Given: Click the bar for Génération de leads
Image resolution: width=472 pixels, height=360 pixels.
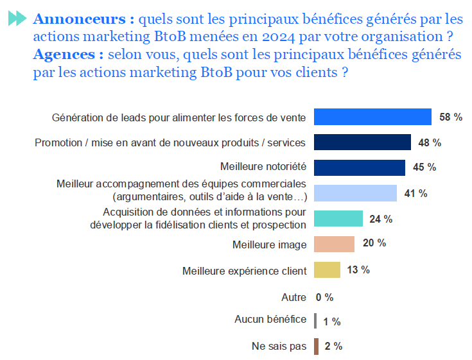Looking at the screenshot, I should pyautogui.click(x=372, y=117).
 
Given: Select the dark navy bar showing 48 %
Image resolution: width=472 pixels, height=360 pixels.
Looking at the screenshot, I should pyautogui.click(x=362, y=142).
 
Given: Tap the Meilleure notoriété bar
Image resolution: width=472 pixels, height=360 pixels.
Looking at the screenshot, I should pyautogui.click(x=360, y=167).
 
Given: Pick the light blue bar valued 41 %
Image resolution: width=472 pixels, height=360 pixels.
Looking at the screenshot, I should pyautogui.click(x=355, y=193).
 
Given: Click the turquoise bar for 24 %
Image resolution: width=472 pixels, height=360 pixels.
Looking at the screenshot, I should pyautogui.click(x=338, y=219).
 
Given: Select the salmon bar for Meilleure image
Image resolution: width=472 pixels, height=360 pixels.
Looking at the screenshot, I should pyautogui.click(x=334, y=244).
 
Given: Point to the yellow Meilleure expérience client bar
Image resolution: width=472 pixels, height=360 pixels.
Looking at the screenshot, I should pyautogui.click(x=327, y=270).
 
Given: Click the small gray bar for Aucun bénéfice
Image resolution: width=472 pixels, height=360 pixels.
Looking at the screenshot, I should pyautogui.click(x=315, y=321).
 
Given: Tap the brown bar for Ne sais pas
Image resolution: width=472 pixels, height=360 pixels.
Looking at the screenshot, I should pyautogui.click(x=316, y=347).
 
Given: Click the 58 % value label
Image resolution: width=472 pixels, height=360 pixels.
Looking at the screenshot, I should pyautogui.click(x=451, y=117).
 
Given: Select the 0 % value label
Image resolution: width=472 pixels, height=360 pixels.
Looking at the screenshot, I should pyautogui.click(x=324, y=298).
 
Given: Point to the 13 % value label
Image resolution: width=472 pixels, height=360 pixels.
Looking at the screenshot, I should pyautogui.click(x=358, y=270).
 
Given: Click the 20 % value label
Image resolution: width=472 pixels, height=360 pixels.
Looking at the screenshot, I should pyautogui.click(x=374, y=243).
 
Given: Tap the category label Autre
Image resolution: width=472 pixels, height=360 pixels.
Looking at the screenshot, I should pyautogui.click(x=294, y=298).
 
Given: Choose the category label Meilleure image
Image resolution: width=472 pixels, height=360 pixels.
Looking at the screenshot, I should pyautogui.click(x=269, y=244).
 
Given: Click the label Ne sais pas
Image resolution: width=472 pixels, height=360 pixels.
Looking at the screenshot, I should pyautogui.click(x=279, y=347).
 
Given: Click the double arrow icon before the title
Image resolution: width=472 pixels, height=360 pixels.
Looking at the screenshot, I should pyautogui.click(x=17, y=19).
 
